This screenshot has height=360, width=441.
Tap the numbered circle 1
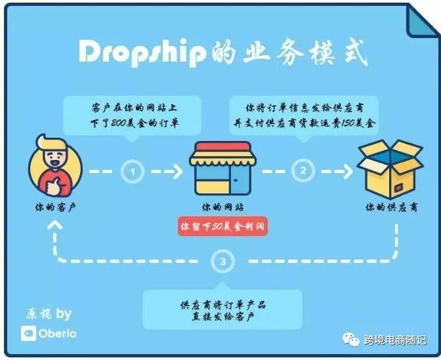[x=133, y=172]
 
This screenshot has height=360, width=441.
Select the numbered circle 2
[x=303, y=172]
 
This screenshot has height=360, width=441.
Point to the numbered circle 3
[x=224, y=262]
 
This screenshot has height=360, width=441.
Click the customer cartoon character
[x=55, y=163]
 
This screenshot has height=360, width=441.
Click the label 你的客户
[x=55, y=207]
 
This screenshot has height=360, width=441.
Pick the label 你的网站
[x=220, y=207]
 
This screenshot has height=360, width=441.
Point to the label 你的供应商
[x=391, y=207]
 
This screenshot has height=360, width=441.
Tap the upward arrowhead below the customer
[x=55, y=226]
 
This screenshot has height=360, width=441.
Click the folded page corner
[x=421, y=20]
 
